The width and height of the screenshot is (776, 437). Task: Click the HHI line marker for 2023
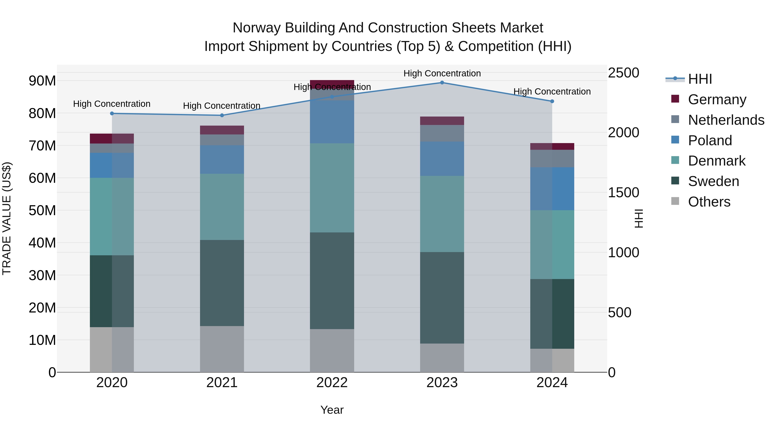(x=442, y=83)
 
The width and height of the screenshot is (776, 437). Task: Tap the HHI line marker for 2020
(x=112, y=113)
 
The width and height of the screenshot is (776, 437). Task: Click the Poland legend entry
(x=710, y=140)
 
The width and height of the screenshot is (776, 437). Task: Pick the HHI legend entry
(x=700, y=79)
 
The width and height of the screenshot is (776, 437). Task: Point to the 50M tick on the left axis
(x=42, y=210)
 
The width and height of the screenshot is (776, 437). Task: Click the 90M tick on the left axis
(x=42, y=81)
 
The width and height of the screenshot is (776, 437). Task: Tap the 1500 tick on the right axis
(x=623, y=193)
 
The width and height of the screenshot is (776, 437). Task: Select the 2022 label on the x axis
(x=332, y=383)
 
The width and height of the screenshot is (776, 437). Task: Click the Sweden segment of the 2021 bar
(x=222, y=283)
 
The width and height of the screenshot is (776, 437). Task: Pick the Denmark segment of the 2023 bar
(x=442, y=214)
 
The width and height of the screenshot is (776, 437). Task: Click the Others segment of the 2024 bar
(x=552, y=360)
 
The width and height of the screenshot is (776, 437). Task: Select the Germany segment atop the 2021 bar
(x=222, y=130)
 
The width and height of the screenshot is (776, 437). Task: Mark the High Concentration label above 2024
(x=552, y=91)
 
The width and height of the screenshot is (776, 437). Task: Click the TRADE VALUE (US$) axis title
(x=7, y=218)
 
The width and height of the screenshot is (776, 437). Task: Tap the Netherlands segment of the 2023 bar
(x=442, y=133)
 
